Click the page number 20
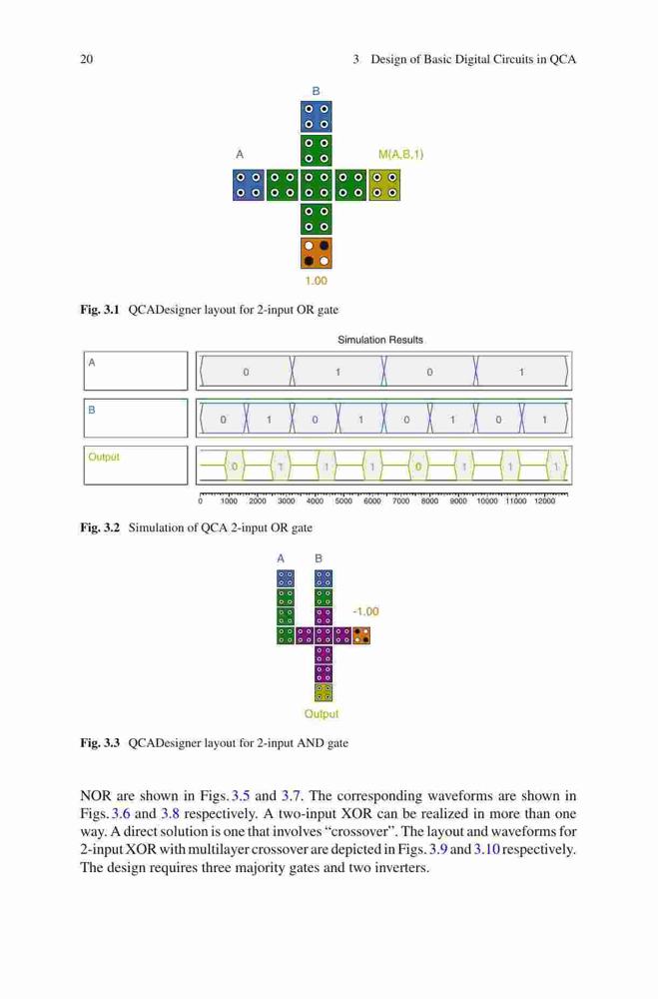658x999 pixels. [87, 59]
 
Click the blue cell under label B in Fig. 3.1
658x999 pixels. [316, 116]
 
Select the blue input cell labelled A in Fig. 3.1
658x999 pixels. [249, 185]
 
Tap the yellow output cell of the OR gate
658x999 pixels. [384, 185]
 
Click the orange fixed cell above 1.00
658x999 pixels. [316, 253]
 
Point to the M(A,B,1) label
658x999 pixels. [400, 154]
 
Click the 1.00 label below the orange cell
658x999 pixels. [316, 281]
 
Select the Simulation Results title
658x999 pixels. [380, 340]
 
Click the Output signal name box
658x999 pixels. [136, 466]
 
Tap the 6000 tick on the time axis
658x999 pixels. [372, 501]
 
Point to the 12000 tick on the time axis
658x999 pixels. [544, 501]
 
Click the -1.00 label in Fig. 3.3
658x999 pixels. [365, 611]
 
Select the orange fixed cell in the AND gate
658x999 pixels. [361, 635]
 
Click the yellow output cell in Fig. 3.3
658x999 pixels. [324, 692]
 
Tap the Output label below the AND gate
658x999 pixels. [322, 714]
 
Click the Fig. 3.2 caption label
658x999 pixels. [100, 527]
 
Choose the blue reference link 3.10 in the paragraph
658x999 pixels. [486, 849]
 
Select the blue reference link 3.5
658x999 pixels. [241, 796]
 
